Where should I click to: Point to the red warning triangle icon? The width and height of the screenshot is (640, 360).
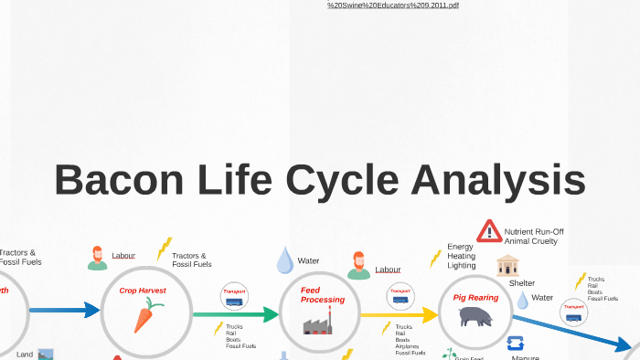click(489, 230)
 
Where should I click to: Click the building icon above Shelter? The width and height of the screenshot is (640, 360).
click(508, 266)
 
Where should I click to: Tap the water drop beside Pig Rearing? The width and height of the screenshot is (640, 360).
click(522, 300)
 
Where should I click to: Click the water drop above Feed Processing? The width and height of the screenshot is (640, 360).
click(284, 259)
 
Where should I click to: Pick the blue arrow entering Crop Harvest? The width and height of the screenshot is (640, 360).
click(64, 311)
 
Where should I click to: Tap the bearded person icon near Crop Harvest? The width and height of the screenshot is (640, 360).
click(97, 259)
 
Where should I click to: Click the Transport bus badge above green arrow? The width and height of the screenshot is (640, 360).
click(234, 296)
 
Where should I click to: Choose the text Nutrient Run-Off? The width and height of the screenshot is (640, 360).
click(534, 232)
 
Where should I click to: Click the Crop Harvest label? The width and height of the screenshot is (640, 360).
click(143, 291)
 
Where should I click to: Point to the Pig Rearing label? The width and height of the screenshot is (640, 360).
click(475, 297)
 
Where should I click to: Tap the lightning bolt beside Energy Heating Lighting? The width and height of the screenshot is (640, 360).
click(435, 259)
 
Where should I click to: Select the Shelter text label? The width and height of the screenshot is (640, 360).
click(522, 283)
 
